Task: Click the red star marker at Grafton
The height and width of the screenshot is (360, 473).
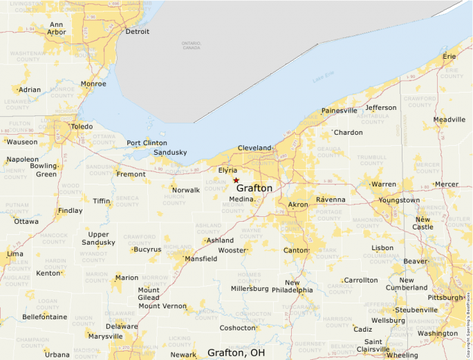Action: point(236,180)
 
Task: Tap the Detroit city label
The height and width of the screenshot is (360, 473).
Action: point(137,32)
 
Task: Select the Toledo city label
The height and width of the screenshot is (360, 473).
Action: point(82,127)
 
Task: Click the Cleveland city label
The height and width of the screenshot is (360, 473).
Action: point(254,149)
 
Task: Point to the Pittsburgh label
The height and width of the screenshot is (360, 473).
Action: point(445,297)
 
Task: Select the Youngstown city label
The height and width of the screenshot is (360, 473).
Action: point(399,200)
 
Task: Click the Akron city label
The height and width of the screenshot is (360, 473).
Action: point(298,205)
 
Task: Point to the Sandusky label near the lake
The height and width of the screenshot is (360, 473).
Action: point(170,152)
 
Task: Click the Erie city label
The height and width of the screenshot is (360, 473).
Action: point(449,55)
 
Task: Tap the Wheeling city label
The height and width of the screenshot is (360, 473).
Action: point(402,355)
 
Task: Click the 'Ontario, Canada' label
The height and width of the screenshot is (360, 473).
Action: point(191,46)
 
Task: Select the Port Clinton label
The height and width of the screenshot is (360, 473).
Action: point(147,143)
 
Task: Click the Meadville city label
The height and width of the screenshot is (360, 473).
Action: point(449,120)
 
